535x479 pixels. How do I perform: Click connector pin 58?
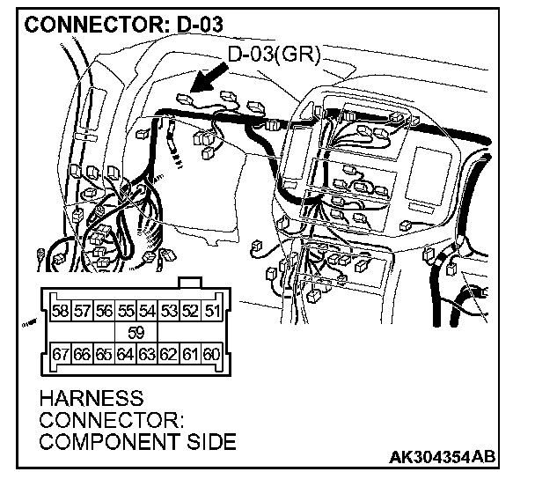coord(61,311)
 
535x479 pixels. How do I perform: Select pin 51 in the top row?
coord(211,311)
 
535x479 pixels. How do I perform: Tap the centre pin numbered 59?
coord(136,333)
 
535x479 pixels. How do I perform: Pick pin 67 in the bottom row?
coord(61,355)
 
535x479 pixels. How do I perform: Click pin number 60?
coord(211,355)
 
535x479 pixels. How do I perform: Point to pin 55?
coord(126,311)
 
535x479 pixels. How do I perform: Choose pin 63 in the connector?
coord(147,355)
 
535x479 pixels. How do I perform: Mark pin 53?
coord(169,311)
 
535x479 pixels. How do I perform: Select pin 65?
coord(104,355)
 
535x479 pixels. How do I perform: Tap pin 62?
coord(169,355)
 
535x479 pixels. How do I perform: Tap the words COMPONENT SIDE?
coord(138,441)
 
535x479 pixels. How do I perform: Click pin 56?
coord(104,311)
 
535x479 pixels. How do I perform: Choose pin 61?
coord(190,355)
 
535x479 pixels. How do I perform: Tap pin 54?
coord(147,311)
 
